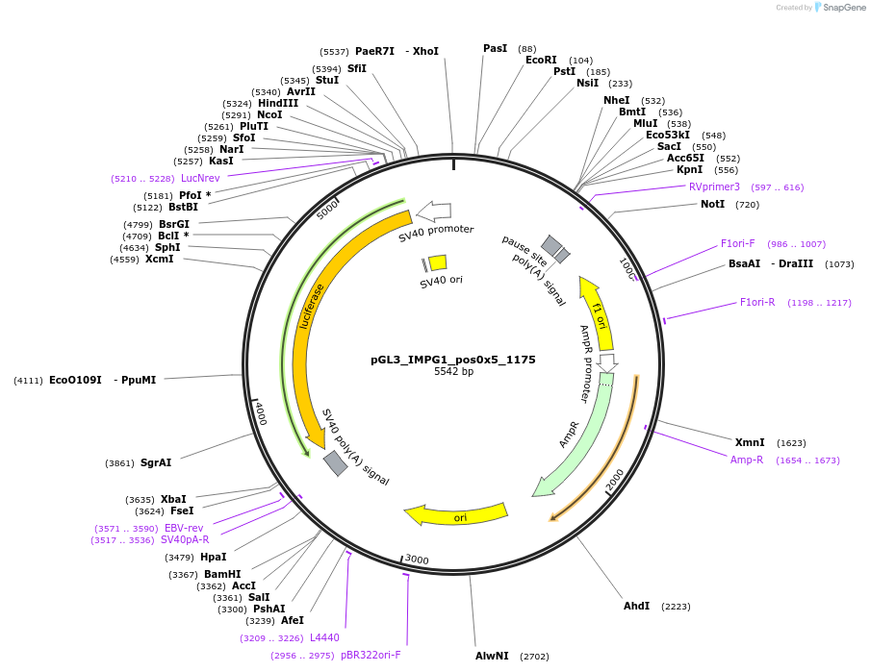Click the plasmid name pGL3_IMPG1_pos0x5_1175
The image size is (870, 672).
click(x=452, y=360)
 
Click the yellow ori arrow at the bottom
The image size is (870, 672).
click(x=457, y=515)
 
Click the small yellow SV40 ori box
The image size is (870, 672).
click(x=437, y=262)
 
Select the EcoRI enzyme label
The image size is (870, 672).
click(x=541, y=61)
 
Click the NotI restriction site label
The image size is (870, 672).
click(x=712, y=205)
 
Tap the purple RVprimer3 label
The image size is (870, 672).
click(x=714, y=187)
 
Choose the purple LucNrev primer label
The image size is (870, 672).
click(x=200, y=179)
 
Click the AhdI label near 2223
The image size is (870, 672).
click(x=636, y=607)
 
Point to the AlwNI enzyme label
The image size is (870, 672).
click(x=492, y=657)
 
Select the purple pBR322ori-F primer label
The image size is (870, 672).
click(x=371, y=656)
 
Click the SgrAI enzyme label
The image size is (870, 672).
click(x=156, y=463)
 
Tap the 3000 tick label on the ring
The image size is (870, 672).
click(x=416, y=560)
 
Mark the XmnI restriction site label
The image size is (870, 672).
click(x=750, y=443)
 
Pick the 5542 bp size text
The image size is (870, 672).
click(x=453, y=372)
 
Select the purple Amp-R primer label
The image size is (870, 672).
click(x=747, y=460)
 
